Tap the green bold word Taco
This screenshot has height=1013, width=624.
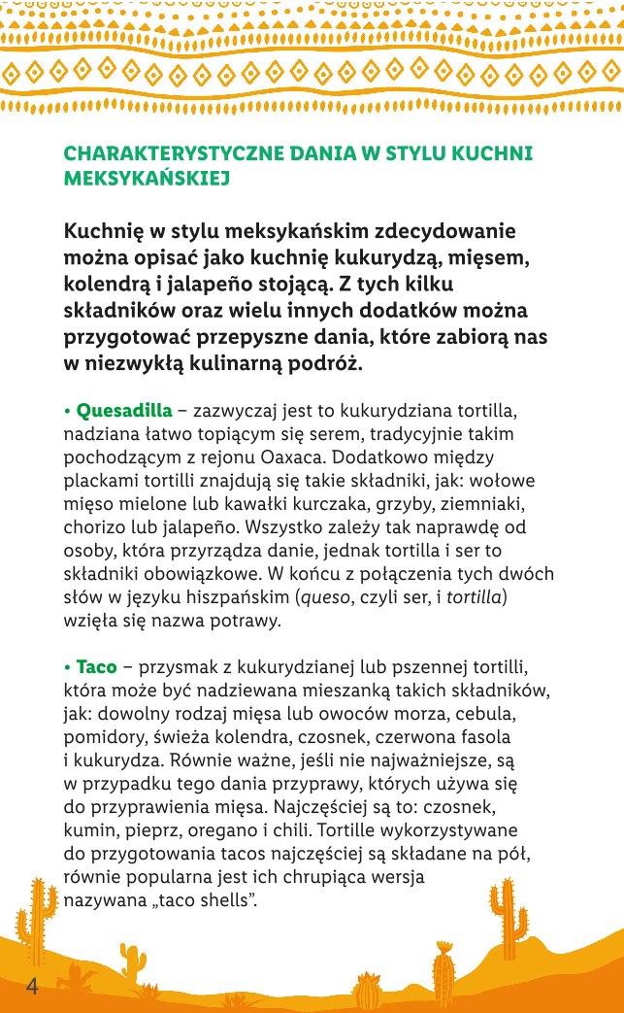[96, 667]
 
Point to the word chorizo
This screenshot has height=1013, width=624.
[96, 529]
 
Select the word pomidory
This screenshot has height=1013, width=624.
[105, 737]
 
